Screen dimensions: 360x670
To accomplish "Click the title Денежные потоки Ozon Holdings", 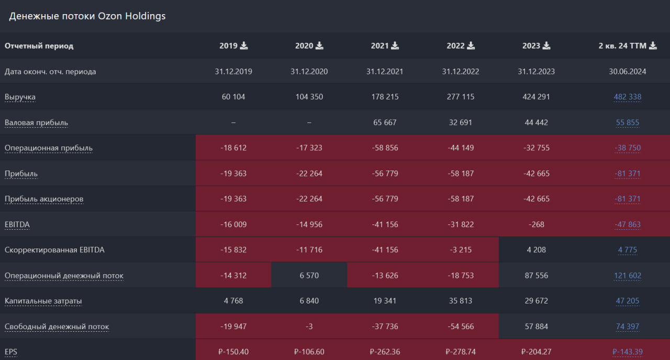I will click(x=87, y=16).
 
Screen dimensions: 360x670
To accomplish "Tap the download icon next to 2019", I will click(x=244, y=46).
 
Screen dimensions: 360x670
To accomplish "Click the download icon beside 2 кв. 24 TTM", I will click(x=653, y=46).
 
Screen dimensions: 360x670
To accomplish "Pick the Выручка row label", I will click(x=20, y=97).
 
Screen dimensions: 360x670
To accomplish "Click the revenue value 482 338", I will click(x=628, y=97).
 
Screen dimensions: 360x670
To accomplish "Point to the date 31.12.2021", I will click(x=385, y=72).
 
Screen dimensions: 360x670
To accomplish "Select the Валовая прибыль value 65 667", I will click(x=385, y=122).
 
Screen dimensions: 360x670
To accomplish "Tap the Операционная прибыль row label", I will click(x=49, y=148).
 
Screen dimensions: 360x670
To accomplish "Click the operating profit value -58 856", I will click(x=385, y=148).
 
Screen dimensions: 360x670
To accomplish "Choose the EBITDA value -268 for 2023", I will click(x=537, y=224).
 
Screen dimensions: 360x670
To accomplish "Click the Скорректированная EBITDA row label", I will click(x=54, y=250).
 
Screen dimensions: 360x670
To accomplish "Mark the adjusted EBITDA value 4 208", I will click(x=537, y=250).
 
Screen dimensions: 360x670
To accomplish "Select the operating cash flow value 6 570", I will click(x=309, y=276).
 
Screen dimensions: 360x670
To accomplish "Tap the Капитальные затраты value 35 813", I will click(x=461, y=301).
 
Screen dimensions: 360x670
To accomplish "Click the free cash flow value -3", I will click(x=309, y=327).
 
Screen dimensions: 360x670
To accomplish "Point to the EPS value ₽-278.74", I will click(x=461, y=352).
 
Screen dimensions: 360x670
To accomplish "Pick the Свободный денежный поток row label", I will click(x=57, y=327).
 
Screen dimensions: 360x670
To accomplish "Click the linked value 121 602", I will click(x=628, y=276).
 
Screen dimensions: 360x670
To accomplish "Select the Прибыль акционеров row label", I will click(x=44, y=199).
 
